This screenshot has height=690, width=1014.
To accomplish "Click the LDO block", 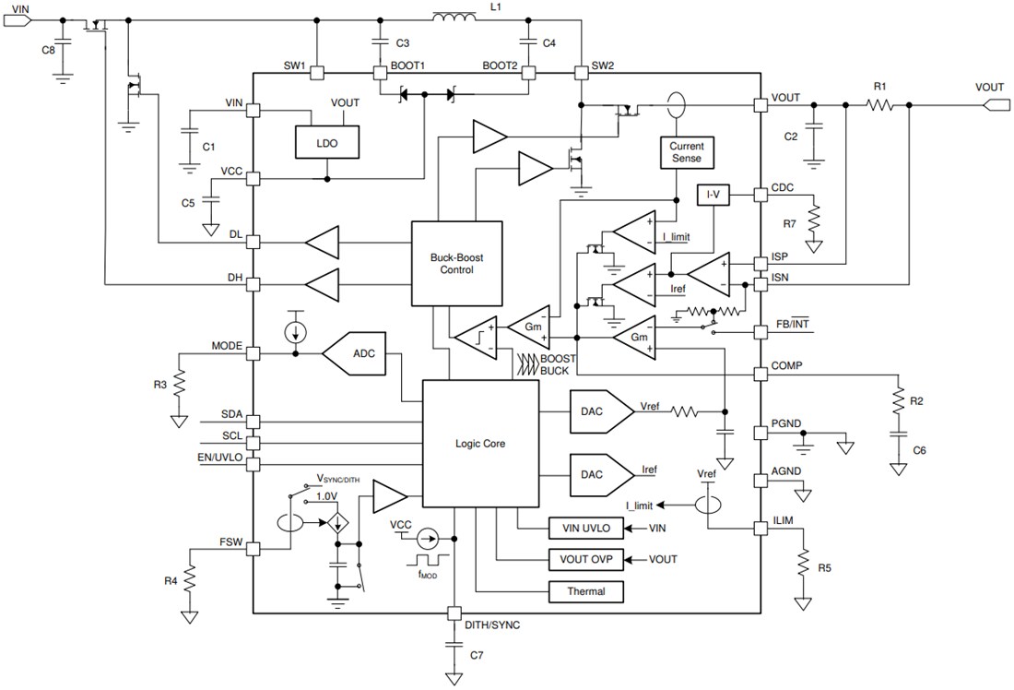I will point(326,142).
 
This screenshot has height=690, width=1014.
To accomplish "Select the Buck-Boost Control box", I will point(456,264).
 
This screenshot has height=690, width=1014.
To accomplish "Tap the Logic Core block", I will point(480,444).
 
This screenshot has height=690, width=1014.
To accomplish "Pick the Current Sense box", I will point(686,152).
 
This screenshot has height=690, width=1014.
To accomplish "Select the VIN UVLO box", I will point(584,529).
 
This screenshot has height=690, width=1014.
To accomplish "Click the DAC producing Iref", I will point(599,473).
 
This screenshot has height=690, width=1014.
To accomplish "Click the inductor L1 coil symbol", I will point(454,18).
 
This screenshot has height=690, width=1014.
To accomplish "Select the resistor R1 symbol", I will point(879,106).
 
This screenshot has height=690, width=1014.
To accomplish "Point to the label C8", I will point(49,50).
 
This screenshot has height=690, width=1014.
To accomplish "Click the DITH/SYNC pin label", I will point(491,625).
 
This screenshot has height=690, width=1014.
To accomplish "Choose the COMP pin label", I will point(787,365).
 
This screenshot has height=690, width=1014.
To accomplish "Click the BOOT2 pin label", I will point(500,65).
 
